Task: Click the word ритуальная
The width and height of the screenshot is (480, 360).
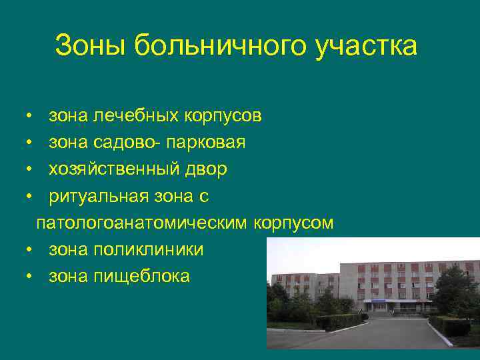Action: point(105,196)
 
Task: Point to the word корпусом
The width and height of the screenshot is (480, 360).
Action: point(293,223)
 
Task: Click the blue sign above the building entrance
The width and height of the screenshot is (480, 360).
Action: point(378,301)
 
